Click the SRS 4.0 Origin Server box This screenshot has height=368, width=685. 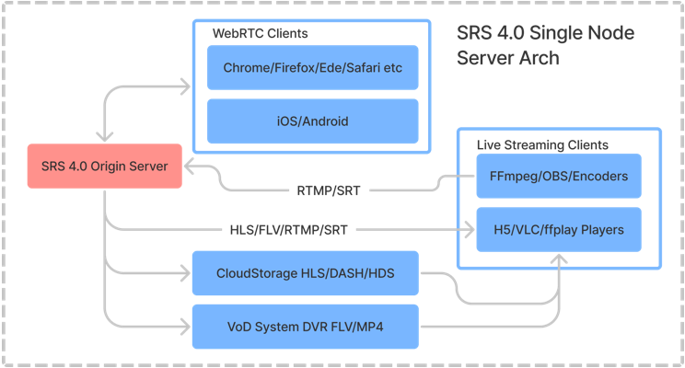point(104,167)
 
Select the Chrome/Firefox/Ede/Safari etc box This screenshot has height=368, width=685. point(313,67)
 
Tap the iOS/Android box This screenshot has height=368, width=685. point(313,121)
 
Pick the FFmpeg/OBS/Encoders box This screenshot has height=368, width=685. point(559,177)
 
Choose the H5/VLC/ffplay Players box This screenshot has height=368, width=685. point(559,229)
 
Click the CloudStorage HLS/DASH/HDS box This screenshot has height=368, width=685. point(305,273)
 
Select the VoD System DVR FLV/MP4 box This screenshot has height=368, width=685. point(305,326)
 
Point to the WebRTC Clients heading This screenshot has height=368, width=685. point(261,33)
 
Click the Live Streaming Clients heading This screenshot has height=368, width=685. point(542,145)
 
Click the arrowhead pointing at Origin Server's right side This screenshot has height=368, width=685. point(188,167)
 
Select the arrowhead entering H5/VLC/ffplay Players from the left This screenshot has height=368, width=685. point(469,229)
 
